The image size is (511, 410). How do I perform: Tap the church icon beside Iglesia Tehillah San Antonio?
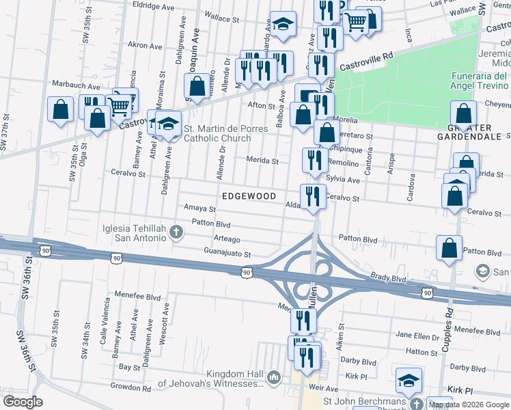coord(177,232)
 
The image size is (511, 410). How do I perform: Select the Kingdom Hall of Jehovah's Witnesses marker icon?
coord(274,377)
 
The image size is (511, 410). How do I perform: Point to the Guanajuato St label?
coord(228,254)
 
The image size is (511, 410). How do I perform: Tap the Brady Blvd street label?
coord(389,278)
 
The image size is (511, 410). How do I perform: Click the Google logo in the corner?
coord(22,401)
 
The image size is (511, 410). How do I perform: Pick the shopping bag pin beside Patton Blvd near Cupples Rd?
coord(450,249)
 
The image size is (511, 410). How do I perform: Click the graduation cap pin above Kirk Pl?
coord(409,380)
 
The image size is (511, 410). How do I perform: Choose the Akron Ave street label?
coord(145,45)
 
